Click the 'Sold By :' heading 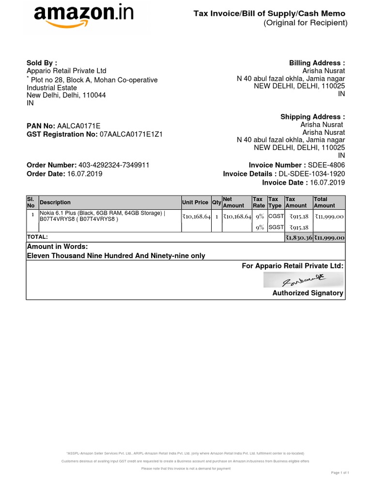coord(42,63)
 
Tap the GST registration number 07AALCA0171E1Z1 coord(131,134)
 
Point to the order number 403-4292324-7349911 coord(117,165)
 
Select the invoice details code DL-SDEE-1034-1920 coord(311,174)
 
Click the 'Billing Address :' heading coord(317,63)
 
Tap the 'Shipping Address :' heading coord(312,116)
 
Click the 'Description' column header coord(55,203)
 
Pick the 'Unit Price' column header coord(195,203)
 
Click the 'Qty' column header coord(217,203)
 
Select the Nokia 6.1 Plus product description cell coord(102,216)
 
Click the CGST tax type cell coord(276,216)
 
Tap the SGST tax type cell coord(276,227)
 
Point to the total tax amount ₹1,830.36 coord(298,237)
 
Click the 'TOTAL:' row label coord(37,237)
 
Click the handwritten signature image coord(303,279)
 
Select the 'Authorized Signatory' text coord(308,293)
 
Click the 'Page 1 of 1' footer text coord(340,472)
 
